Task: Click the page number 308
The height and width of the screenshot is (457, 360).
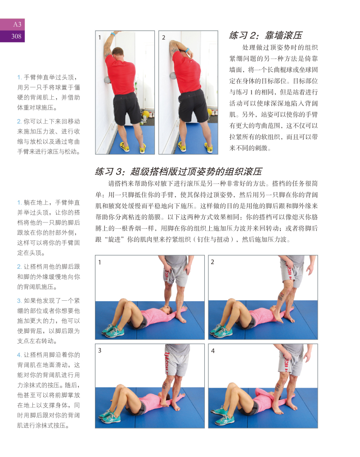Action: pyautogui.click(x=16, y=36)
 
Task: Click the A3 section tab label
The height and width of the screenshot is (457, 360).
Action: pyautogui.click(x=17, y=24)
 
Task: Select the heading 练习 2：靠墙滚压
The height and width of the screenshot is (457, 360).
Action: pyautogui.click(x=265, y=35)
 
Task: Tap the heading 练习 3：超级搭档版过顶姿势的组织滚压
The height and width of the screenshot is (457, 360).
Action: pyautogui.click(x=179, y=172)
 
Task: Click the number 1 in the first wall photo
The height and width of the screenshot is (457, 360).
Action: pyautogui.click(x=99, y=37)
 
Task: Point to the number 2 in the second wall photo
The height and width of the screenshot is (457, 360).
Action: pyautogui.click(x=163, y=37)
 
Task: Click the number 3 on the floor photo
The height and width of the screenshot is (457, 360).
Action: pyautogui.click(x=99, y=350)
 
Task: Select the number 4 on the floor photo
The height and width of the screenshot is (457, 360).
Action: pyautogui.click(x=212, y=351)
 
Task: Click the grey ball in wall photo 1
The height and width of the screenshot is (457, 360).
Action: pyautogui.click(x=107, y=80)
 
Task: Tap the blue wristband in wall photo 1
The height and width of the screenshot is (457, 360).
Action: pyautogui.click(x=112, y=34)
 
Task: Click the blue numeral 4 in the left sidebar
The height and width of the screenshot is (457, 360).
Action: pyautogui.click(x=19, y=355)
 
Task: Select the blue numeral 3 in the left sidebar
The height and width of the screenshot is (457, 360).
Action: pyautogui.click(x=19, y=301)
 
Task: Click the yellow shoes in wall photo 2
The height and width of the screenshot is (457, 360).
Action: pyautogui.click(x=195, y=147)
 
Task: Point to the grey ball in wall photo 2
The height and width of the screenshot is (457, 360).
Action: pyautogui.click(x=172, y=76)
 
